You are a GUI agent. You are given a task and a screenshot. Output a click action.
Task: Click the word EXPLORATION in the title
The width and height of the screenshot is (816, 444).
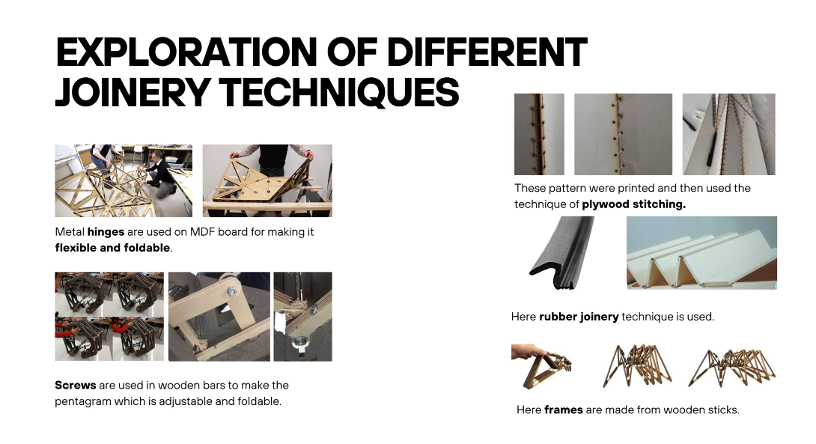pos(186,52)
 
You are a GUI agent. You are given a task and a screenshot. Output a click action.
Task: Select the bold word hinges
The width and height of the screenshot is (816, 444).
pos(106,232)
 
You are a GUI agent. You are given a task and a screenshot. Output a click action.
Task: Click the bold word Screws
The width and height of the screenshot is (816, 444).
pos(76,385)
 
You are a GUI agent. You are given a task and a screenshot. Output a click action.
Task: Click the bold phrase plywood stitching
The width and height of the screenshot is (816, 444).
pos(633,204)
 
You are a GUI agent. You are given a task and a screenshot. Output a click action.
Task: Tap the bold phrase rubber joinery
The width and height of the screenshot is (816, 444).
pos(579,317)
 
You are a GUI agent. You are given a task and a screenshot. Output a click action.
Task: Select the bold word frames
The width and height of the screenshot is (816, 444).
pos(564,410)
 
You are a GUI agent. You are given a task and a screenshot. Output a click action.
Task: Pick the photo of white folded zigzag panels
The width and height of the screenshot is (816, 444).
pos(701,253)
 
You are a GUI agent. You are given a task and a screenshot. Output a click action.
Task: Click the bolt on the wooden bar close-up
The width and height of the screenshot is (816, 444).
pos(231,292)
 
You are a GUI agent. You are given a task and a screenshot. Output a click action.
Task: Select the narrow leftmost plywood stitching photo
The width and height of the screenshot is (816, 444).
pos(539,134)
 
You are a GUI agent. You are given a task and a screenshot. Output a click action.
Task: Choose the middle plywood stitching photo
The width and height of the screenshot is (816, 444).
pos(623,134)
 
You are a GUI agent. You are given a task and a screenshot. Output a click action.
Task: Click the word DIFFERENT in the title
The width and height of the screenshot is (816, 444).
pos(487,52)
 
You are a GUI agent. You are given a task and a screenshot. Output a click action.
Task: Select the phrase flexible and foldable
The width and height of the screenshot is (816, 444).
pos(112,248)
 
